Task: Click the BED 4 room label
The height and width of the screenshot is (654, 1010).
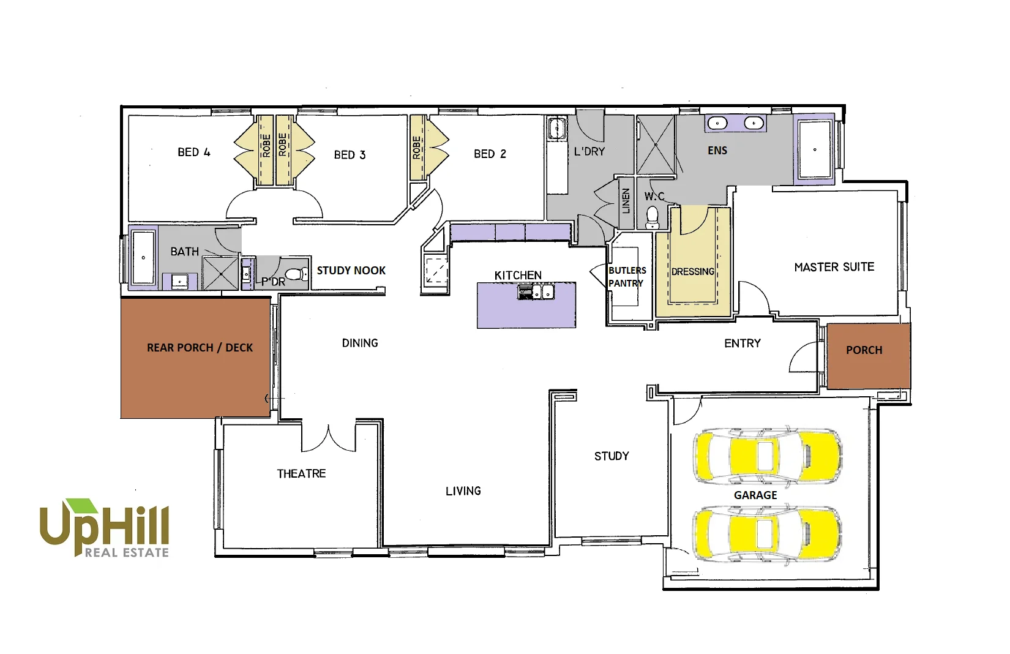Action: tap(193, 152)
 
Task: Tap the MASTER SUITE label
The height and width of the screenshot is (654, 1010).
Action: tap(834, 267)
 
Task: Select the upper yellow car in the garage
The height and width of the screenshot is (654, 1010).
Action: tap(767, 456)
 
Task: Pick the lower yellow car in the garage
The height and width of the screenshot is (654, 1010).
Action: tap(767, 533)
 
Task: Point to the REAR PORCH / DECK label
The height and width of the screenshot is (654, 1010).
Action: tap(200, 348)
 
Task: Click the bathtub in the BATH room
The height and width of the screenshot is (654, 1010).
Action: tap(143, 257)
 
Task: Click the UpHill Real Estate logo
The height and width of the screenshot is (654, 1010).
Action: tap(104, 528)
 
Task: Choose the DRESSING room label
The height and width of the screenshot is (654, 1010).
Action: tap(692, 271)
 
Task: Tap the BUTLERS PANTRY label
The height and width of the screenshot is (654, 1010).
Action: tap(626, 277)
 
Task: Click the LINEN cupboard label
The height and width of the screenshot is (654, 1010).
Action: tap(626, 200)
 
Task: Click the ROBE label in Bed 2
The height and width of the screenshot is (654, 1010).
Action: tap(417, 148)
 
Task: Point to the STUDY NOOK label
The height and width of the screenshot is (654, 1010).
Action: tap(351, 270)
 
